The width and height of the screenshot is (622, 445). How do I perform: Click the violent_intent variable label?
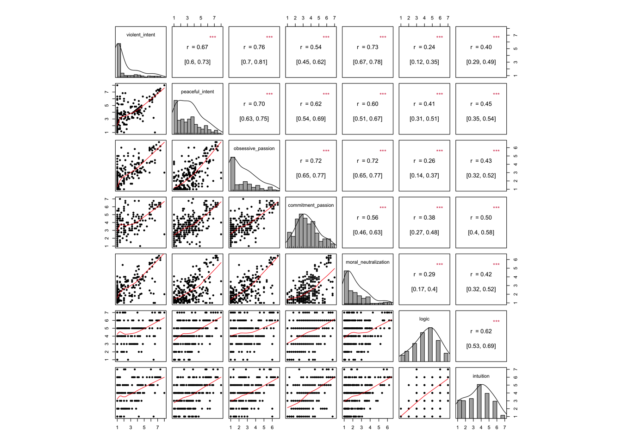tap(141, 35)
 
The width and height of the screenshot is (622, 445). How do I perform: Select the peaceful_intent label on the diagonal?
tap(197, 92)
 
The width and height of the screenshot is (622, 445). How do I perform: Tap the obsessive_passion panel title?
tap(254, 148)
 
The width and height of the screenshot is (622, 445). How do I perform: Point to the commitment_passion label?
tap(311, 205)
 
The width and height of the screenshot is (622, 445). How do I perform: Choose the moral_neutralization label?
tap(367, 262)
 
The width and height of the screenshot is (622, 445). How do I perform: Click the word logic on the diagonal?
tap(424, 319)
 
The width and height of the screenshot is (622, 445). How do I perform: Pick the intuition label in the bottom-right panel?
tap(481, 376)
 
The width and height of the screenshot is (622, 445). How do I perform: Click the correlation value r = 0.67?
tap(197, 47)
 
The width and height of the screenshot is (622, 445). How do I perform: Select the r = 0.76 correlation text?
tap(254, 47)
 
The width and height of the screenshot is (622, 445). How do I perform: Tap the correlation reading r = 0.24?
tap(424, 47)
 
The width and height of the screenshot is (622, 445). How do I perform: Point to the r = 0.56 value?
tap(367, 218)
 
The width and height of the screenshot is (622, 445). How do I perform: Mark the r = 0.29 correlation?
tap(424, 274)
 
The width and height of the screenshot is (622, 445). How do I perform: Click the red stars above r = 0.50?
tap(496, 208)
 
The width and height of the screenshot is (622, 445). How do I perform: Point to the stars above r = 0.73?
tap(383, 37)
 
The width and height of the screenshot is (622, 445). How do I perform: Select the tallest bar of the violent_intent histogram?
tap(119, 60)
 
